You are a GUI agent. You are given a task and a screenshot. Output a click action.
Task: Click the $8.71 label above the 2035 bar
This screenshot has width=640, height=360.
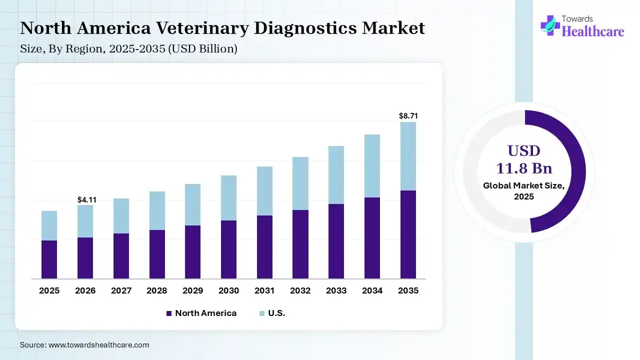tap(408, 116)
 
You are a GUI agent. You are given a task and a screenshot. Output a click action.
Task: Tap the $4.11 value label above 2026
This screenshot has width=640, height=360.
tap(86, 199)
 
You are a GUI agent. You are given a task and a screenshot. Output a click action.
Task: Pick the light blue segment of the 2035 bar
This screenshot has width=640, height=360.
tap(408, 156)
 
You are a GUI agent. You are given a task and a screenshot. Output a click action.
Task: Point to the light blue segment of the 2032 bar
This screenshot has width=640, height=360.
tap(300, 183)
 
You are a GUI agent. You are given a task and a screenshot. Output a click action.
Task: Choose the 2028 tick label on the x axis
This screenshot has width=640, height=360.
tap(157, 290)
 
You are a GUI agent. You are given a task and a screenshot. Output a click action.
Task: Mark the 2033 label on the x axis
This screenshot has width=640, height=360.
tap(336, 290)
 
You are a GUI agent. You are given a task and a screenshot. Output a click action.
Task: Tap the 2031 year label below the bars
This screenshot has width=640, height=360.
tap(264, 290)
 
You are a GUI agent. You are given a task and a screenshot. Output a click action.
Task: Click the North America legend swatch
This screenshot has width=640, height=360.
tap(168, 313)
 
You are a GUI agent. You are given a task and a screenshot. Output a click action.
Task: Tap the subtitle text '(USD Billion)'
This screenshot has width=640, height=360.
tap(207, 49)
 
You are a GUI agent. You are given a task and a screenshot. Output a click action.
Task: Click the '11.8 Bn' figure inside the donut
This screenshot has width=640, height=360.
tap(524, 167)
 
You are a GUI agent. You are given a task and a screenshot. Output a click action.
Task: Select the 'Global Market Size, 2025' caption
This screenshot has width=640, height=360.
tap(524, 191)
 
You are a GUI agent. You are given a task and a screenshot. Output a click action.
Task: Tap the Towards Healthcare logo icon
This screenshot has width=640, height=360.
tap(550, 25)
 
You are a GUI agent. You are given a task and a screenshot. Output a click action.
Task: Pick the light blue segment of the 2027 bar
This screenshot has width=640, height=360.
tap(121, 216)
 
